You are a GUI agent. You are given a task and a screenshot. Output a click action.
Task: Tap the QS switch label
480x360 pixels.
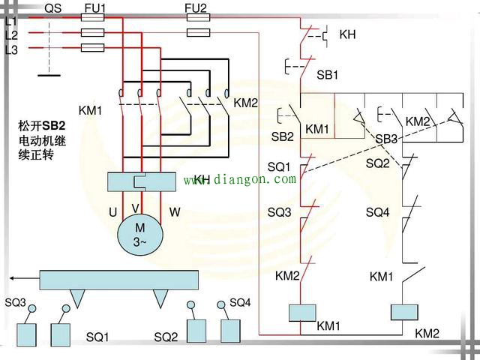(53, 8)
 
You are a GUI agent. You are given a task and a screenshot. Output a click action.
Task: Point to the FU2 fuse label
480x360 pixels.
(196, 8)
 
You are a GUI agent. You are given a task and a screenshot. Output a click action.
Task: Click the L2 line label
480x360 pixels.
(11, 34)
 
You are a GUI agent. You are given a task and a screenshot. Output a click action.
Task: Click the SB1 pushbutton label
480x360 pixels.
(327, 76)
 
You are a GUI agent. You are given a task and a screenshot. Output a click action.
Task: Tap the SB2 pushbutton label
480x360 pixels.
(282, 137)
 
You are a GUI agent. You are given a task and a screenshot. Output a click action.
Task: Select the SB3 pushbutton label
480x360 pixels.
(386, 139)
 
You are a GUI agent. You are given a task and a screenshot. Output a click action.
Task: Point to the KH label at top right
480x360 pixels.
(347, 34)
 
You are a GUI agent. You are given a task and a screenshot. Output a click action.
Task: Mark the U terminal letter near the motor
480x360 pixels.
(112, 213)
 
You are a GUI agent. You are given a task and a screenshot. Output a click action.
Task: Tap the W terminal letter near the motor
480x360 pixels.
(174, 213)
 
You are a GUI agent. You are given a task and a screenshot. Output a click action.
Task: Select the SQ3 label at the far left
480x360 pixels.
(16, 303)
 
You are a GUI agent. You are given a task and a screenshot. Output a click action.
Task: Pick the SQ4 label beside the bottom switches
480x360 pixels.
(240, 302)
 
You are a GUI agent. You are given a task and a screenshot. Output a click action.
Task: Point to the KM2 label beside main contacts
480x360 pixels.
(245, 103)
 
